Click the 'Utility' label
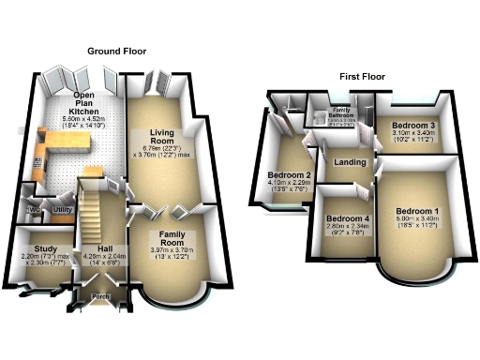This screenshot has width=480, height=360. tap(63, 209)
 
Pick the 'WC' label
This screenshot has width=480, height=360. tap(33, 208)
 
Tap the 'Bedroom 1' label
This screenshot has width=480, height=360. tap(416, 210)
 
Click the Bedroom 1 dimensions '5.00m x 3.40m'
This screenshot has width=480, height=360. tap(416, 219)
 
